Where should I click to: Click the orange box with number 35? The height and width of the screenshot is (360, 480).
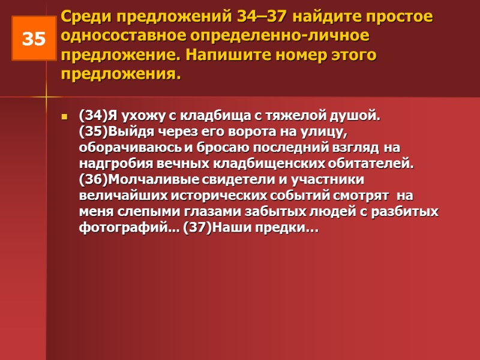click(34, 38)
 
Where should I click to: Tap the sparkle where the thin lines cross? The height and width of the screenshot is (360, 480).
click(46, 96)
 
